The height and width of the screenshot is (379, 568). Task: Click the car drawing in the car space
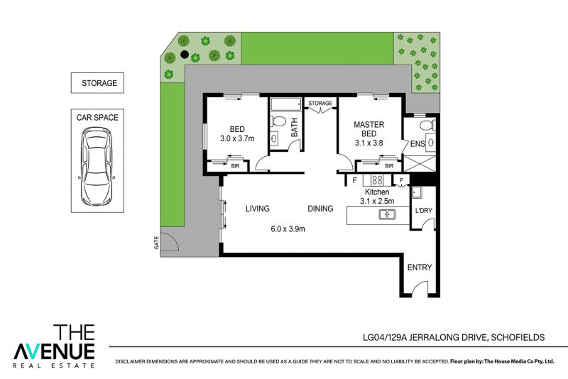coord(97,167)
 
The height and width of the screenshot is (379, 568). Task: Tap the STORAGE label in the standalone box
coord(99,83)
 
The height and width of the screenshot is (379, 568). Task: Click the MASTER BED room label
coord(368,129)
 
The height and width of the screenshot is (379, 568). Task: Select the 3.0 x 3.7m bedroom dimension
coord(237,138)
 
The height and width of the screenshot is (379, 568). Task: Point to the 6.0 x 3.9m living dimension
coord(288,229)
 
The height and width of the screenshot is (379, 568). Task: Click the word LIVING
coord(258,209)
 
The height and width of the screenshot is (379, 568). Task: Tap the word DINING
coord(320,209)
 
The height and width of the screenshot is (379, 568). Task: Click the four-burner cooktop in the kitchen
coord(377,180)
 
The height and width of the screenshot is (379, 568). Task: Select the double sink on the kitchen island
coord(387,214)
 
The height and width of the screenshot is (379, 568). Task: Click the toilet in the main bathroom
coord(278,121)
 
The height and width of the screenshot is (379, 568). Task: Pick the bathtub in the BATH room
coord(286,104)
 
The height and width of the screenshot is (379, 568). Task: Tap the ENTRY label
coord(420,268)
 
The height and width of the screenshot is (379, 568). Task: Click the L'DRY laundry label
coord(423,210)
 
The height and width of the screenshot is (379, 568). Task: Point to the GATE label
coord(156,243)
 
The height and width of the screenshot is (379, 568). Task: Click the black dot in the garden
coord(185,55)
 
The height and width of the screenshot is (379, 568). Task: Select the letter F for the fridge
coord(354,180)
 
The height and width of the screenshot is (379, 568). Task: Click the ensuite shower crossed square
coord(420,164)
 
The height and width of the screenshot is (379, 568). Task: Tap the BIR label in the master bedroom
coord(389,166)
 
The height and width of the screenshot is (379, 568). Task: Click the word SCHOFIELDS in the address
coord(518,337)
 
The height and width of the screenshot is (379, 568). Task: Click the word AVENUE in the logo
coord(54,351)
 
